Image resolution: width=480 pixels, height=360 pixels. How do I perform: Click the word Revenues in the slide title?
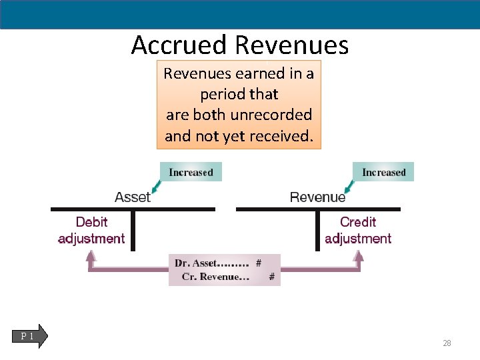(x=292, y=45)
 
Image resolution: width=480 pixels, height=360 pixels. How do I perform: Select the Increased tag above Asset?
(x=191, y=172)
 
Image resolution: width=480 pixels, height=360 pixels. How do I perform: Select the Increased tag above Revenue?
(x=383, y=172)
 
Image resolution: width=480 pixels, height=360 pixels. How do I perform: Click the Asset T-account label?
(x=133, y=197)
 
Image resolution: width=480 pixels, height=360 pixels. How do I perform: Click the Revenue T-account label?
(x=317, y=197)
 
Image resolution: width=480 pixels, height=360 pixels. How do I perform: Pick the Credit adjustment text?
(x=358, y=230)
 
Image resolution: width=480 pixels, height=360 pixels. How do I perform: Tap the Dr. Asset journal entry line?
(x=217, y=263)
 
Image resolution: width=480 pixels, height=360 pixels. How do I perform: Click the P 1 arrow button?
(x=30, y=336)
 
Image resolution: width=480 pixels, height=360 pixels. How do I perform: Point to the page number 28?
(x=447, y=343)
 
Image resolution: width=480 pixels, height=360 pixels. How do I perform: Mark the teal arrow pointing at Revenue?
(x=347, y=185)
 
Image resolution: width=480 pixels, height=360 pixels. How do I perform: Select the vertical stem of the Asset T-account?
(x=133, y=231)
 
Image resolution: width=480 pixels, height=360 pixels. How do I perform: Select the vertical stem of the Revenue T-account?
(x=318, y=231)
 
